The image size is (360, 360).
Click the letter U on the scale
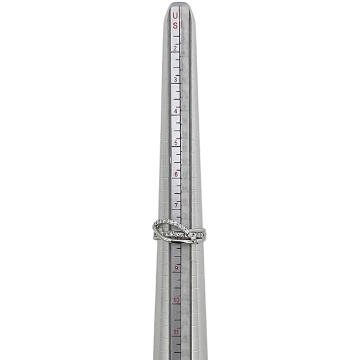175,16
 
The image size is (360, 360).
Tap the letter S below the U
175,25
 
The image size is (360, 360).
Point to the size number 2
176,48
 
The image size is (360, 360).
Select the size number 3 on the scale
176,80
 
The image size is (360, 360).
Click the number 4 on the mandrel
176,111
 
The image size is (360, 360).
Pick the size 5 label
176,143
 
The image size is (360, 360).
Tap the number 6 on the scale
176,174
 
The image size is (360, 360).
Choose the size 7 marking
176,205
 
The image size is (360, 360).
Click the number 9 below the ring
176,268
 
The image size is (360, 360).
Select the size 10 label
176,300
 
